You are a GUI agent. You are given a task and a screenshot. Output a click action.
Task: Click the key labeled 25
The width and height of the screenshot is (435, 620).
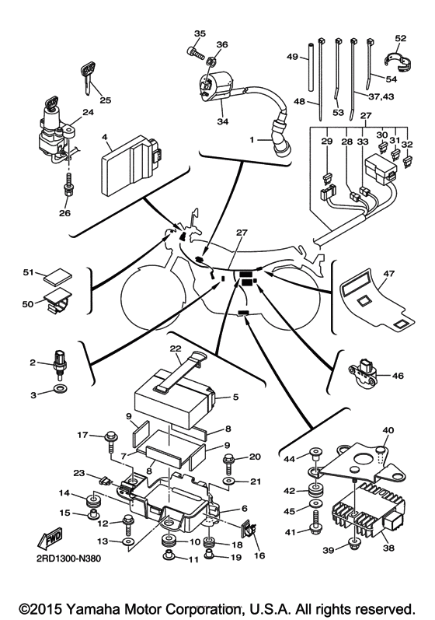tap(87, 76)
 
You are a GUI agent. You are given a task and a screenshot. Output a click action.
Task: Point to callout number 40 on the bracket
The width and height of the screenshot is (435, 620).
tap(388, 430)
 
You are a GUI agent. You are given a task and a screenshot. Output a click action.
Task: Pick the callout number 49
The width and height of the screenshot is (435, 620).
tap(293, 58)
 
